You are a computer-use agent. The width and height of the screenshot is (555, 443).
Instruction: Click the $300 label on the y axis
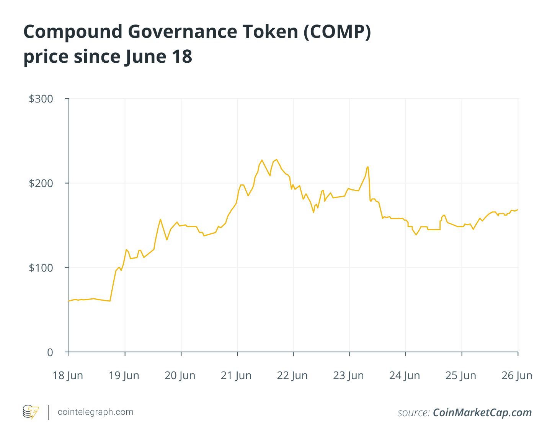[41, 99]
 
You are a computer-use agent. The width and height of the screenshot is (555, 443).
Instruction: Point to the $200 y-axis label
[41, 183]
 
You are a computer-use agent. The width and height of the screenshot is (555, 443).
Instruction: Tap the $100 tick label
[41, 268]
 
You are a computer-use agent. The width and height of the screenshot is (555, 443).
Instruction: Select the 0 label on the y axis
[50, 352]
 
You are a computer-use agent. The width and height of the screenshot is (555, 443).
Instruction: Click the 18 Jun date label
[68, 375]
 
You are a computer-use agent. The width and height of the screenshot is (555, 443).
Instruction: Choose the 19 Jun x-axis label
[124, 375]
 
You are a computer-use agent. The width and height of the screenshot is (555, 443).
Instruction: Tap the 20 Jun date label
[180, 375]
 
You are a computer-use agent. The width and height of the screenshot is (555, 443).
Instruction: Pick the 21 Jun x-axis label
[236, 375]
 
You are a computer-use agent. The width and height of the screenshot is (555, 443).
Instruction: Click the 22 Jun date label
[292, 375]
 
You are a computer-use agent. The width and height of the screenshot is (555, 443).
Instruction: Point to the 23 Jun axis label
[348, 375]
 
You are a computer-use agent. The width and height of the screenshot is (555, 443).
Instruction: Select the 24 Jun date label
[405, 375]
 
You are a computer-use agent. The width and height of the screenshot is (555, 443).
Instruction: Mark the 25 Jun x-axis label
[461, 375]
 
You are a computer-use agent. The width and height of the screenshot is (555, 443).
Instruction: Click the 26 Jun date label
[517, 375]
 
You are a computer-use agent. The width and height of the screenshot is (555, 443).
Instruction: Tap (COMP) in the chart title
[338, 32]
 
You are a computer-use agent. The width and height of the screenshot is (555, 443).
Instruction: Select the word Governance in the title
[183, 32]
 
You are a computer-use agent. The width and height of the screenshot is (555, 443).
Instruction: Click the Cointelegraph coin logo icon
[31, 412]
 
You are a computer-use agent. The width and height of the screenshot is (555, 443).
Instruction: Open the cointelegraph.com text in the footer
[95, 412]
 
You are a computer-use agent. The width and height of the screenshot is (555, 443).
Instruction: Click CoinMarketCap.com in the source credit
[482, 412]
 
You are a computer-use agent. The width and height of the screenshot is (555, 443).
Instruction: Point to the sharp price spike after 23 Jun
[367, 167]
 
